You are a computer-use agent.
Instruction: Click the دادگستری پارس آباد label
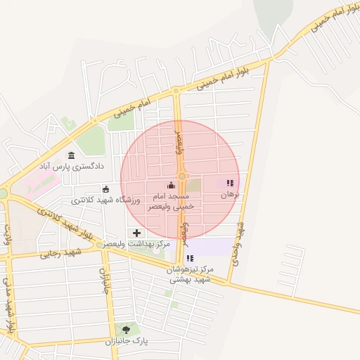coord(70,167)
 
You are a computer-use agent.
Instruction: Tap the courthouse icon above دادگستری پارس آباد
coord(70,155)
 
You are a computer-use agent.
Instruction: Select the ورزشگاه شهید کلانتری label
coord(105,200)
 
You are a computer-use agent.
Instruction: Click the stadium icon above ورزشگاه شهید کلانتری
coord(105,188)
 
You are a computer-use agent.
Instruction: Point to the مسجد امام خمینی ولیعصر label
coord(172,200)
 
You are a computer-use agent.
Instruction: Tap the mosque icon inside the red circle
coord(172,185)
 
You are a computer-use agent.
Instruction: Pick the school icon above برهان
coord(230,184)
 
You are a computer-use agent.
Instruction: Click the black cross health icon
coord(136,233)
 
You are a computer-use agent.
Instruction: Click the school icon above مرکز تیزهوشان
coord(189,258)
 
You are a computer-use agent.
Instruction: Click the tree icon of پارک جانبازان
coord(127,329)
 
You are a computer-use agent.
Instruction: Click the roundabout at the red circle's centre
coord(181,176)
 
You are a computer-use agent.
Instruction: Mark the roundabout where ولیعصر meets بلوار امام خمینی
coord(175,91)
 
